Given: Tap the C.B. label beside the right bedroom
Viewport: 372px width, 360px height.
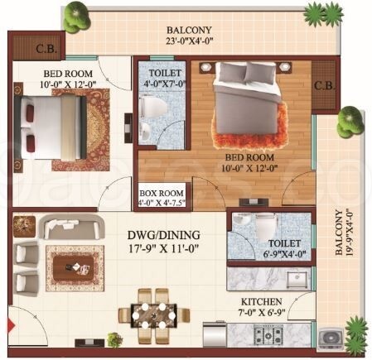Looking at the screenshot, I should coord(325,84).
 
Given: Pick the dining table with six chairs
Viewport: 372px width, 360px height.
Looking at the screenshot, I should coord(153,310).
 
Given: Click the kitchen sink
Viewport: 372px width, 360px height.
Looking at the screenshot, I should coord(296,277).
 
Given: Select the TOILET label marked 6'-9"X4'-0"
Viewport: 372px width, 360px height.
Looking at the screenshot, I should coord(283,243).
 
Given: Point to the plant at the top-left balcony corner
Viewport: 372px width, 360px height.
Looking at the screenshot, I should coord(78,16).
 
